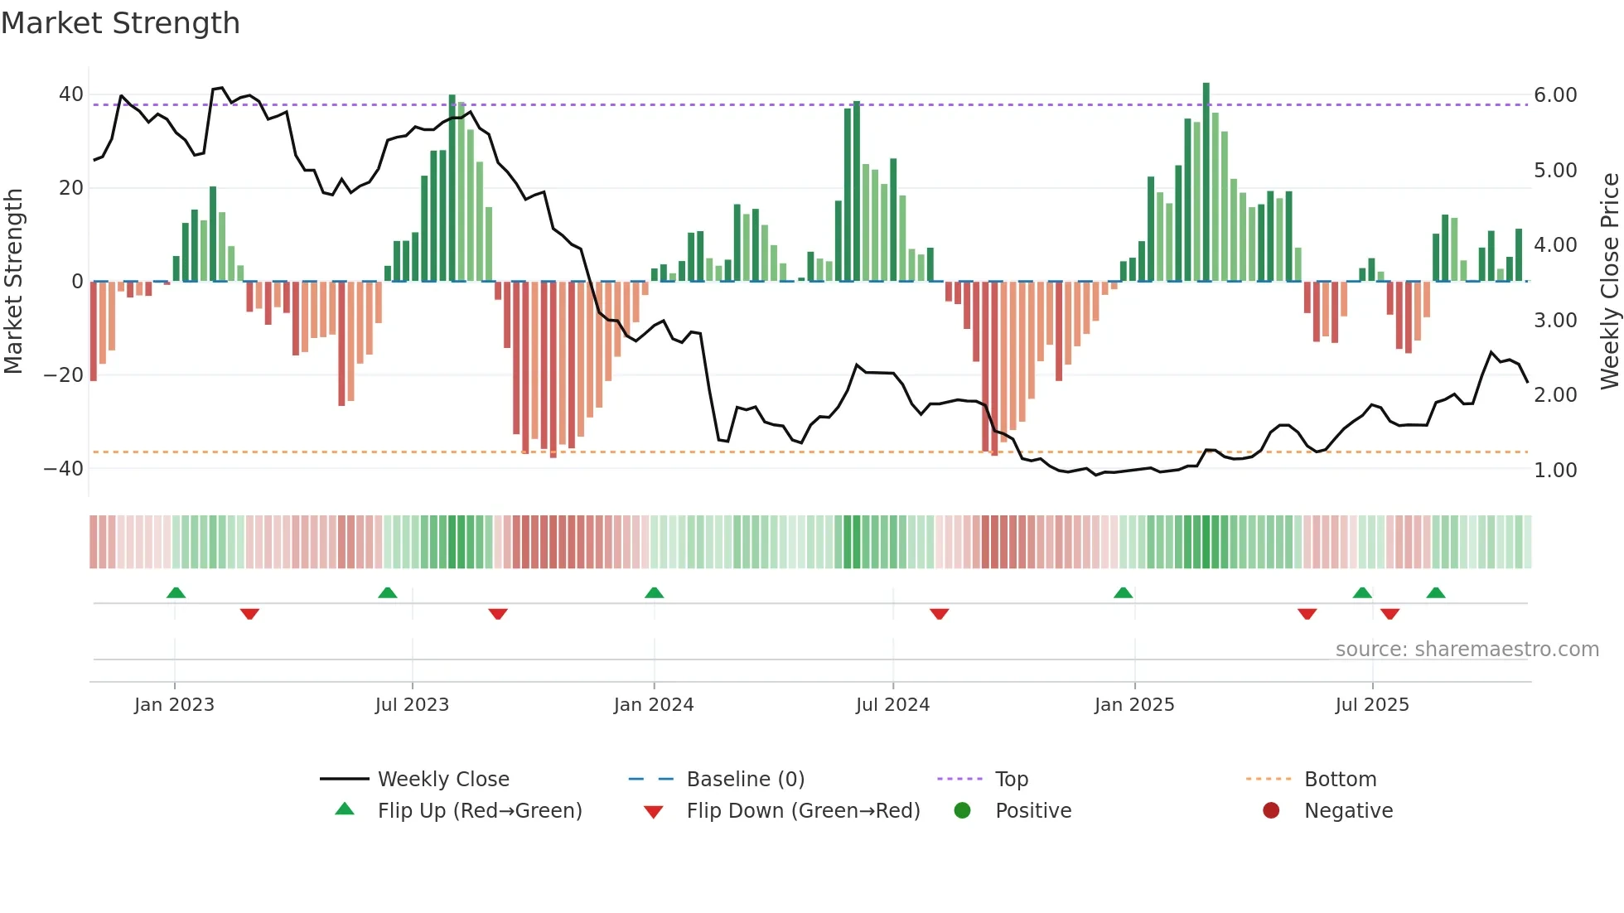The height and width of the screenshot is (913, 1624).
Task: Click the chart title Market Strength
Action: coord(120,23)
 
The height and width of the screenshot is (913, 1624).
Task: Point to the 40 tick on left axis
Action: coord(70,94)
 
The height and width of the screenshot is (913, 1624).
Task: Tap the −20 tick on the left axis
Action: coord(63,375)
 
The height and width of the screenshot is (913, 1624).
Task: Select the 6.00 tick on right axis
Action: coord(1555,95)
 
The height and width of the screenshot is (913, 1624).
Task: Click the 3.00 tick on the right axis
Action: coord(1555,321)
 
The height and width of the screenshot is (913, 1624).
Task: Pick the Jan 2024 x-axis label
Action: coord(653,705)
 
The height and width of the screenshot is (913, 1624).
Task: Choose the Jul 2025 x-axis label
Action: coord(1371,705)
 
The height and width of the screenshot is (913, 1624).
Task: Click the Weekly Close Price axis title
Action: coord(1609,281)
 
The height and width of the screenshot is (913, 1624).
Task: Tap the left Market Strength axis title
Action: coord(13,281)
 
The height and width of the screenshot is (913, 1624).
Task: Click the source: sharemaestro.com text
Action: coord(1467,650)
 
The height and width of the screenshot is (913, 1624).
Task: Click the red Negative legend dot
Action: coord(1271,811)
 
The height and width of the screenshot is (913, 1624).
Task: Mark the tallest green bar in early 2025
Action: coord(1206,182)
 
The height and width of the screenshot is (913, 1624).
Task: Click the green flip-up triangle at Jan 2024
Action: coord(654,592)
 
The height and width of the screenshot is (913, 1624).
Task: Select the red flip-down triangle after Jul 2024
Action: coord(939,614)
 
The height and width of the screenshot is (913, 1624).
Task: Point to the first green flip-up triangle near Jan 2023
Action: coord(176,592)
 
